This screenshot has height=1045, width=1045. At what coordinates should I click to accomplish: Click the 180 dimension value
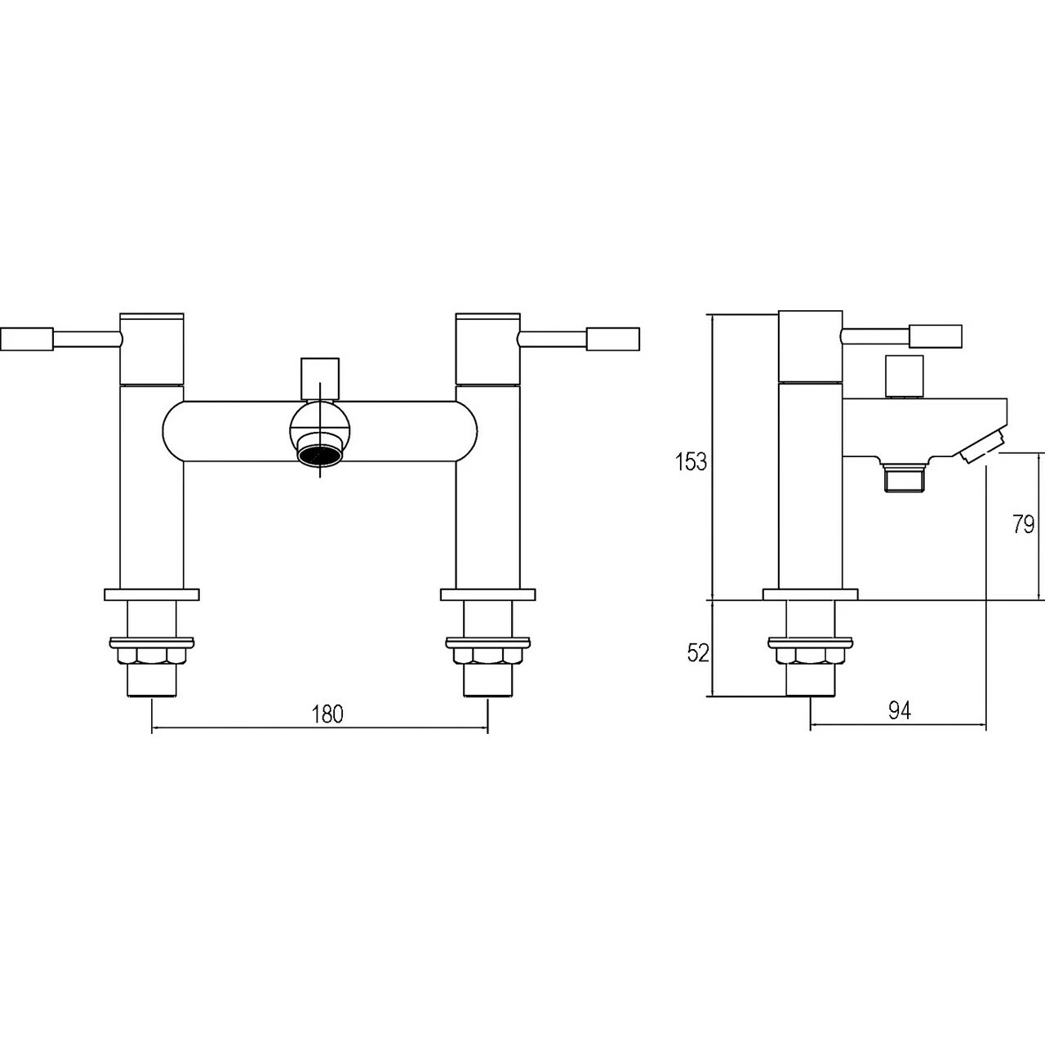(327, 713)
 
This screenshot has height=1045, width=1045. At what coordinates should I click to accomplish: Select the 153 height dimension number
(691, 462)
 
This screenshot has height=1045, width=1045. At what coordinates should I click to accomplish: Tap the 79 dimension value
(1023, 524)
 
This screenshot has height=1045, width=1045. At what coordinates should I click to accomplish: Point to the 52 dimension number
(696, 653)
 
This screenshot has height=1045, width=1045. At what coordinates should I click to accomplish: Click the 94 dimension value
(899, 711)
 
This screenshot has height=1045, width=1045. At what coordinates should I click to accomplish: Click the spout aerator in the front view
(320, 455)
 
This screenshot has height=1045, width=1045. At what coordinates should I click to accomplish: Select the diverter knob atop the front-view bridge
(319, 376)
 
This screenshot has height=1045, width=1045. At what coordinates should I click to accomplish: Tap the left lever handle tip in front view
(27, 339)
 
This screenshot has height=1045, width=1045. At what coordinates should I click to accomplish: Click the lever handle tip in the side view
(936, 336)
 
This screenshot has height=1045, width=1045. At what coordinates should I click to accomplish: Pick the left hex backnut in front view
(152, 656)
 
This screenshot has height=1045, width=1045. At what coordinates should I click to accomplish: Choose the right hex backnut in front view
(487, 656)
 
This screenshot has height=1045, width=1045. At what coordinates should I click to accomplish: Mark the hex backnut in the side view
(810, 656)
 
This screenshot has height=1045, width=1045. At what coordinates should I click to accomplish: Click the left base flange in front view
(152, 594)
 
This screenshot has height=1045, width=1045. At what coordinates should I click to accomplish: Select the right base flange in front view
(487, 594)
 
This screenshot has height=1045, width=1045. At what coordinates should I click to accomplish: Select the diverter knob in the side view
(904, 375)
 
